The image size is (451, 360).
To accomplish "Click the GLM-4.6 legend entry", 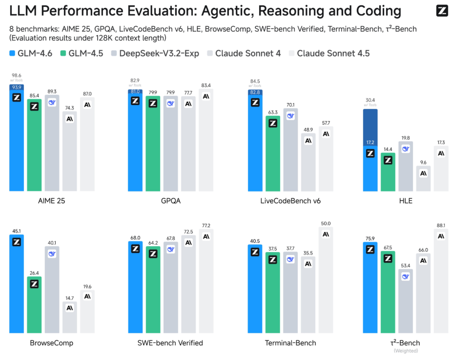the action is pyautogui.click(x=31, y=54).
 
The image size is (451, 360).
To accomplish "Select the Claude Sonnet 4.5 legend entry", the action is pyautogui.click(x=329, y=54).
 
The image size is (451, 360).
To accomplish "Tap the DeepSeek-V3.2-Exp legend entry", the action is pyautogui.click(x=155, y=54).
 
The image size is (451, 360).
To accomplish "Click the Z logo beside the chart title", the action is pyautogui.click(x=442, y=11).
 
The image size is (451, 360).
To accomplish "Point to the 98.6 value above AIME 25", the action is pyautogui.click(x=17, y=75).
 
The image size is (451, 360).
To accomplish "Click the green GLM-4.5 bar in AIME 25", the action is pyautogui.click(x=34, y=145).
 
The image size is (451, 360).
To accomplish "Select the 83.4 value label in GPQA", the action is pyautogui.click(x=206, y=85).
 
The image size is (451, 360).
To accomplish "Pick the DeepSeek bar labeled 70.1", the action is pyautogui.click(x=290, y=149).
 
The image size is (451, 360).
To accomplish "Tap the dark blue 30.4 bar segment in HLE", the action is pyautogui.click(x=370, y=127).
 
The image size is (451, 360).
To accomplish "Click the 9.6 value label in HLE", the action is pyautogui.click(x=423, y=162).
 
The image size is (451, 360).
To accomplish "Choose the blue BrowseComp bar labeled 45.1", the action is pyautogui.click(x=17, y=284).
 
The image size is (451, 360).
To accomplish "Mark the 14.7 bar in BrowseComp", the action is pyautogui.click(x=70, y=317).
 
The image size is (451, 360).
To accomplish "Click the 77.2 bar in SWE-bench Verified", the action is pyautogui.click(x=206, y=281).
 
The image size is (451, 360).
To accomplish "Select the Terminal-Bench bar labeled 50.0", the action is pyautogui.click(x=326, y=280).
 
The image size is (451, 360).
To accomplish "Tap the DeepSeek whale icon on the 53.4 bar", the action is pyautogui.click(x=406, y=276).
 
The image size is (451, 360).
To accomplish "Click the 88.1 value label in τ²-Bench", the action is pyautogui.click(x=441, y=225).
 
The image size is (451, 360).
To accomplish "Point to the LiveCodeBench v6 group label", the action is pyautogui.click(x=290, y=201).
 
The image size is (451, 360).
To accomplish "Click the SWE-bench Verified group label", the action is pyautogui.click(x=170, y=343).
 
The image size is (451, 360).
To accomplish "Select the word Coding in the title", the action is pyautogui.click(x=379, y=11).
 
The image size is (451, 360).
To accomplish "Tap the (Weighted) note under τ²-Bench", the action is pyautogui.click(x=406, y=351).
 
